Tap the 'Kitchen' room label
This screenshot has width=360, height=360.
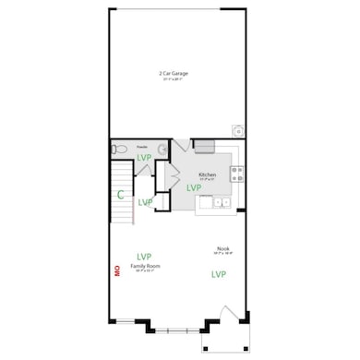pyautogui.click(x=208, y=174)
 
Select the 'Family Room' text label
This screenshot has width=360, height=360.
pyautogui.click(x=146, y=266)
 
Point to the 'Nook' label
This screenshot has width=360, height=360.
pyautogui.click(x=222, y=247)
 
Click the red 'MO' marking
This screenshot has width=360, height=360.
pyautogui.click(x=117, y=270)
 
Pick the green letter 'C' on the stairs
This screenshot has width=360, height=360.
pyautogui.click(x=121, y=194)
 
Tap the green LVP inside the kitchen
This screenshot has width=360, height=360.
pyautogui.click(x=194, y=187)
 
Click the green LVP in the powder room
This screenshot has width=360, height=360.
pyautogui.click(x=145, y=159)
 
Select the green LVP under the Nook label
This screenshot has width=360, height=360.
pyautogui.click(x=219, y=274)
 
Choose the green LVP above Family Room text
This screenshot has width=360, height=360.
pyautogui.click(x=145, y=256)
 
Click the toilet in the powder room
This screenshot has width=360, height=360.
pyautogui.click(x=118, y=148)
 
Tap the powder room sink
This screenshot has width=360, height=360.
pyautogui.click(x=162, y=148)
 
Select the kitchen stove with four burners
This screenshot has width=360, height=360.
pyautogui.click(x=236, y=172)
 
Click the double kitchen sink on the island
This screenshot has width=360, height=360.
pyautogui.click(x=220, y=200)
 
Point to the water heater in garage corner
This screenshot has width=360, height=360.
pyautogui.click(x=238, y=131)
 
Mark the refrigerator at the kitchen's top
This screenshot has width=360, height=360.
pyautogui.click(x=204, y=146)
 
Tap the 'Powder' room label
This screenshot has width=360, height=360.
pyautogui.click(x=142, y=146)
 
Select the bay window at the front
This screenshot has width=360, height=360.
pyautogui.click(x=177, y=330)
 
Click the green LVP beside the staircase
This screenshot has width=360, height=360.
pyautogui.click(x=145, y=202)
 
